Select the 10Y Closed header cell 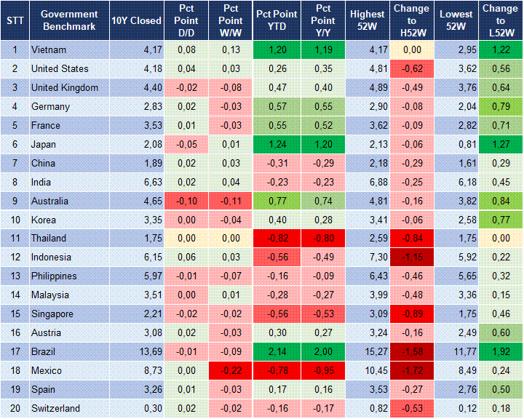136,20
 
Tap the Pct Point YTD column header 276,20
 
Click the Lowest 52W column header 458,20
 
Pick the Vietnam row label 49,50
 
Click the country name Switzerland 55,408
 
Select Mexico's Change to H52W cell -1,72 412,371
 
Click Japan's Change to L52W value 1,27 500,145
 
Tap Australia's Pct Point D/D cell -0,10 186,201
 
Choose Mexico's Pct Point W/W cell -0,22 231,371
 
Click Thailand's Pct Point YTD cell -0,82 276,239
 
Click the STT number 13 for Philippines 15,276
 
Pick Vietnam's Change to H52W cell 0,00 412,50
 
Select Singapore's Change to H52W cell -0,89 412,314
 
